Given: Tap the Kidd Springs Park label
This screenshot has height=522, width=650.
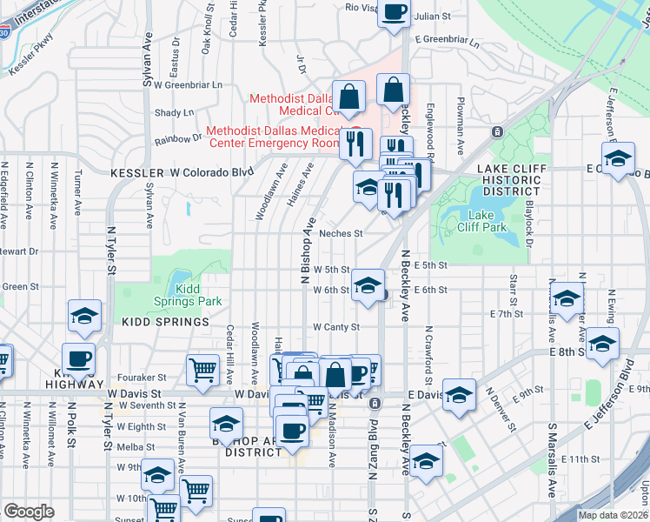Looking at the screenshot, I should [x=198, y=295].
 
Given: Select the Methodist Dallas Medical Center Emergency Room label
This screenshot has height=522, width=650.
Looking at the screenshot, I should [x=272, y=137].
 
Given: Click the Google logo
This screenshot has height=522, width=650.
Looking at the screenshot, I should [x=29, y=512].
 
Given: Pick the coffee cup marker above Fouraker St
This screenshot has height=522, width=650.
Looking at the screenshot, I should [x=79, y=358].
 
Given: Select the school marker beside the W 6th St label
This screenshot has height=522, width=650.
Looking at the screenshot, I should [x=368, y=286].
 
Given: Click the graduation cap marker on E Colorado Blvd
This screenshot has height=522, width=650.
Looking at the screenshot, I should [x=618, y=161].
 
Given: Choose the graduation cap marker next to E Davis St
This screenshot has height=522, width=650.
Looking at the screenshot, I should [x=459, y=393].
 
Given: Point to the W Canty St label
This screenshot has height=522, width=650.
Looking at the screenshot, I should [x=336, y=327].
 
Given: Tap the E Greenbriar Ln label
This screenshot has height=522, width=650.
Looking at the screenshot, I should [x=447, y=40].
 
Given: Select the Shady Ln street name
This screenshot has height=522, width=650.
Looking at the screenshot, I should [x=175, y=112].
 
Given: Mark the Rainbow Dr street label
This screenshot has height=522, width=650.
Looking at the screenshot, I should [x=178, y=139].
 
